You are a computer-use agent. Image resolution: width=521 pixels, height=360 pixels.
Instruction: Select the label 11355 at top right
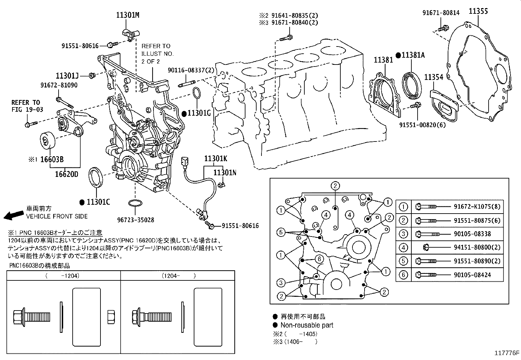(x=478, y=11)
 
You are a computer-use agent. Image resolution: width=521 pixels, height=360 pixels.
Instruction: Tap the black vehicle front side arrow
(x=12, y=215)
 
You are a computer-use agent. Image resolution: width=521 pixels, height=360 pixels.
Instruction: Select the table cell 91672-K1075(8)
(x=476, y=207)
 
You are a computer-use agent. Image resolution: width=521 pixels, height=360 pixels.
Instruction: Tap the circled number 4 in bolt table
(x=404, y=248)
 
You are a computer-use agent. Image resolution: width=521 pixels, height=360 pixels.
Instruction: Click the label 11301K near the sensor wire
(x=216, y=159)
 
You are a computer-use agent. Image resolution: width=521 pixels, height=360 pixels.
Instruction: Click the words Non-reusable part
(x=307, y=325)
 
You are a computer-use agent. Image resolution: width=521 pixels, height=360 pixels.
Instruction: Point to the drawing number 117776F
(x=507, y=353)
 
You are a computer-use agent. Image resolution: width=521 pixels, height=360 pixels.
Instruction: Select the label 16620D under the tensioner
(x=66, y=174)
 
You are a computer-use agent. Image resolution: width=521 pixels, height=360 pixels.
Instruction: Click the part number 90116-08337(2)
(x=191, y=70)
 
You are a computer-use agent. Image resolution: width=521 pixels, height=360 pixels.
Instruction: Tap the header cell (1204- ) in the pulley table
(x=178, y=276)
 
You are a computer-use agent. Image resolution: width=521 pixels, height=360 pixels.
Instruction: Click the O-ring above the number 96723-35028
(x=135, y=203)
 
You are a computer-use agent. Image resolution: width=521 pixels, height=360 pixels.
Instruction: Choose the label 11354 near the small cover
(x=434, y=77)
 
